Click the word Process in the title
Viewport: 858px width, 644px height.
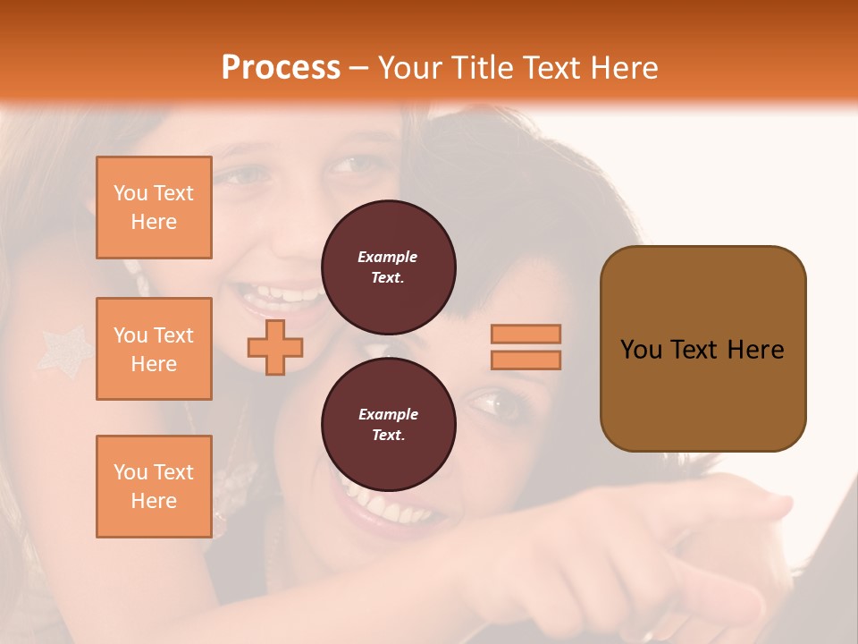point(281,68)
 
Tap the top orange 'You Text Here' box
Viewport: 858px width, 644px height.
point(154,208)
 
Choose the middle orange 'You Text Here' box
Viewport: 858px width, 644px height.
point(154,349)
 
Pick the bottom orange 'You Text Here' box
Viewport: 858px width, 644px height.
point(154,487)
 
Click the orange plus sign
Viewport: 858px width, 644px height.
point(275,347)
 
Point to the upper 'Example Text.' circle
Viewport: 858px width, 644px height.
point(388,267)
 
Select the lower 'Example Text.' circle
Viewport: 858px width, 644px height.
point(388,424)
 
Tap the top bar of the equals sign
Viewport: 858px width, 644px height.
point(526,334)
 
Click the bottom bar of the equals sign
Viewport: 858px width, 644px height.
point(526,360)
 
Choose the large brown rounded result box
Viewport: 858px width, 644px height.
point(702,349)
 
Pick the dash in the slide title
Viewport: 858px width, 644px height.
point(358,68)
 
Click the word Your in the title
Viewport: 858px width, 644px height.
point(411,68)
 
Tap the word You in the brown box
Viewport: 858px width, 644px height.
point(643,350)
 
